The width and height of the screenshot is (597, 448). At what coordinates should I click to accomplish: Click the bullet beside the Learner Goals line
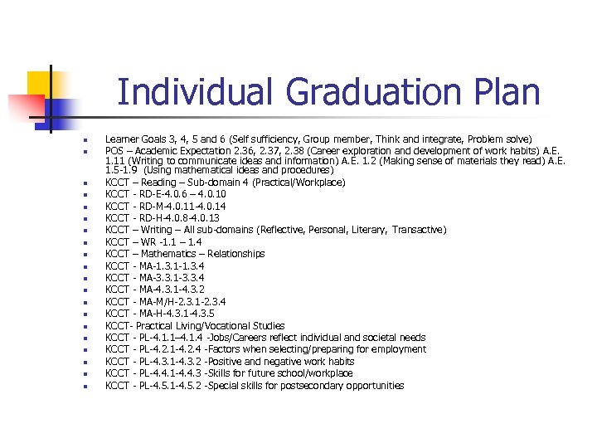(85, 139)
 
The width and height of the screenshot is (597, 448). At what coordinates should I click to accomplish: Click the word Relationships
(236, 254)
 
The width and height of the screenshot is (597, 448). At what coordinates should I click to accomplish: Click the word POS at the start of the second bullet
(114, 151)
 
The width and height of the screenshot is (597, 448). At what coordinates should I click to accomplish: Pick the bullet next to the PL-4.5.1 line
(85, 387)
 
